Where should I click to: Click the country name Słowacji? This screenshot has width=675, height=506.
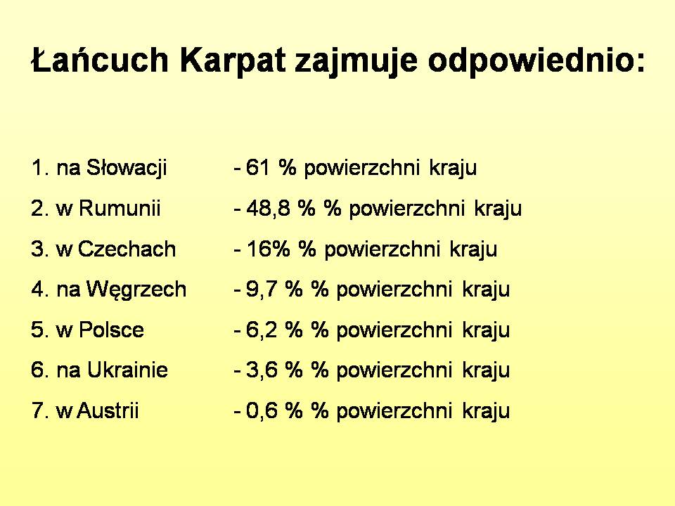point(127,168)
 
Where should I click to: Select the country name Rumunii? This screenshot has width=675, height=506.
point(120,208)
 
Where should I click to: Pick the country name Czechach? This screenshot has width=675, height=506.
point(127,249)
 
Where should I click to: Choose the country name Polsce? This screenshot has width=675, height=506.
point(112,330)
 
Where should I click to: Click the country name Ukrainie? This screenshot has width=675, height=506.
point(127,370)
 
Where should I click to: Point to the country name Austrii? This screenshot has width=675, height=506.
point(108,410)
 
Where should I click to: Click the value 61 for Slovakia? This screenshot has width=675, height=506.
point(257,167)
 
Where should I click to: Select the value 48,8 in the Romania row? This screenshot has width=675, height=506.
point(267,209)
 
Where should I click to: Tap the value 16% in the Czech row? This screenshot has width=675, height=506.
point(268,249)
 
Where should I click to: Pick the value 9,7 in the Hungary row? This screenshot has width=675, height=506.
point(261,290)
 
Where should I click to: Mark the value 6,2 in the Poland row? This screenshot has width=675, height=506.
point(262,330)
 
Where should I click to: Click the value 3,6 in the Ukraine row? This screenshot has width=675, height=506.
point(262,370)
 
